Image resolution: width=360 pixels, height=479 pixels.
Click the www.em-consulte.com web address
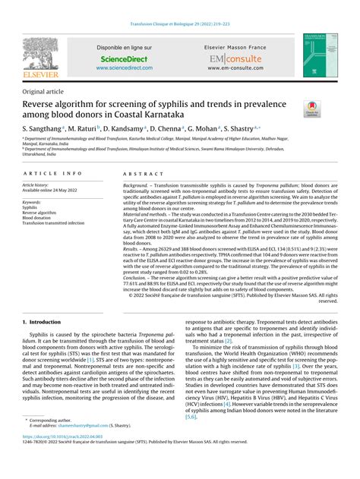click(236, 68)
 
